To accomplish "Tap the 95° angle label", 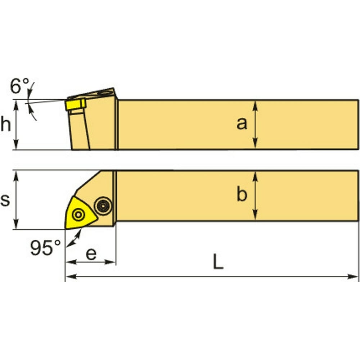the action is (x=46, y=248).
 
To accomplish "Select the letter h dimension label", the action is (x=6, y=124).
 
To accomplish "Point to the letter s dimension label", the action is (x=5, y=200).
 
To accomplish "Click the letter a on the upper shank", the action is (x=242, y=124).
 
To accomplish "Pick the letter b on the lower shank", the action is (x=242, y=194).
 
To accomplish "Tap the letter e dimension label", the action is (x=91, y=254).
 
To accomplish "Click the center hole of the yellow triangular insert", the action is (x=78, y=215).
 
